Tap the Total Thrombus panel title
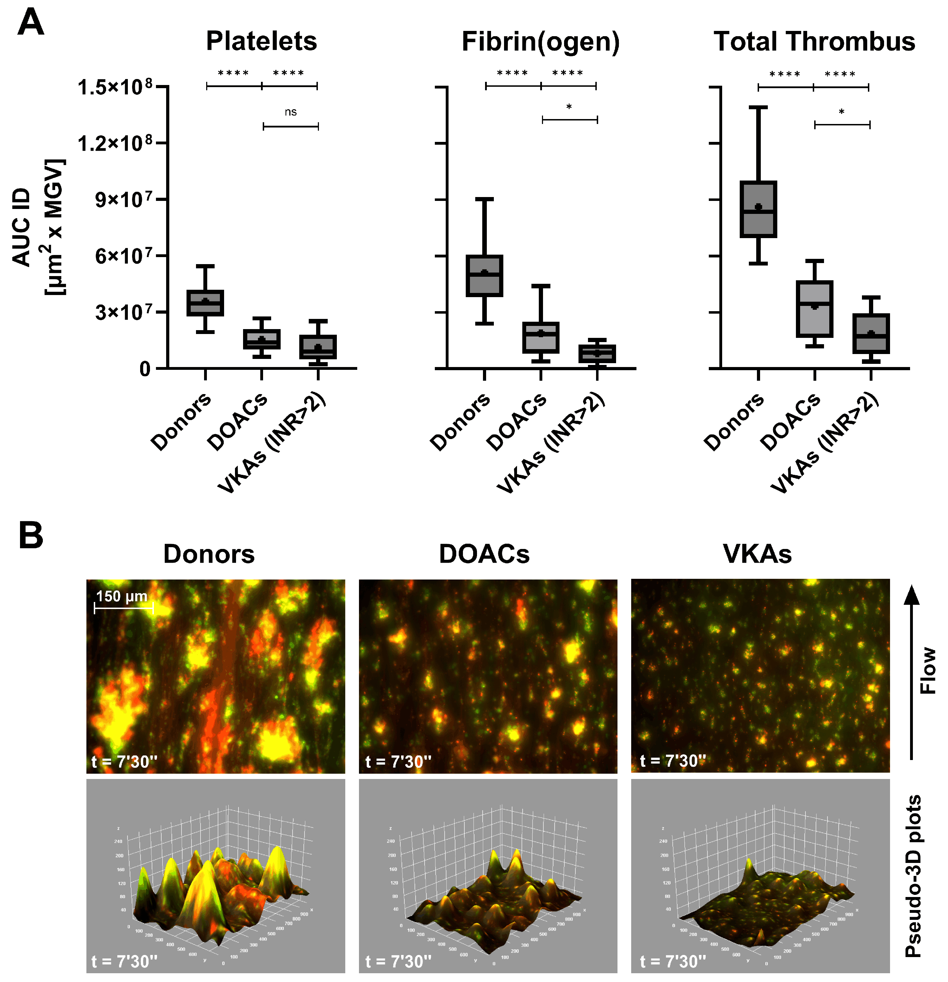click(x=814, y=41)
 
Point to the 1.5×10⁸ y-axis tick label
click(x=115, y=87)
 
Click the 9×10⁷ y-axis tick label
click(x=124, y=200)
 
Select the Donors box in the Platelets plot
click(x=205, y=303)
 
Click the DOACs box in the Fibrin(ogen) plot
click(x=541, y=337)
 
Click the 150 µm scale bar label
click(x=122, y=596)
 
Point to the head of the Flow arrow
click(x=911, y=594)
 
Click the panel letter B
click(x=31, y=536)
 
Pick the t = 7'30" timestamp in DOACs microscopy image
click(x=398, y=761)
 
